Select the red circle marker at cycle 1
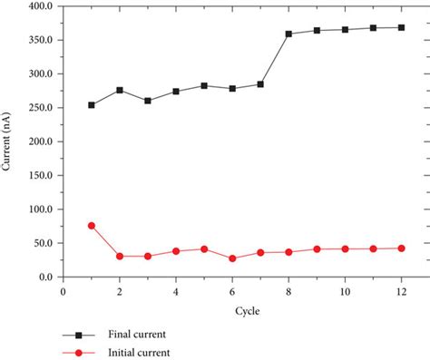point(92,225)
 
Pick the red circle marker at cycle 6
point(232,258)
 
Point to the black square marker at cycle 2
point(120,90)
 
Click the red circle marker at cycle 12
point(401,248)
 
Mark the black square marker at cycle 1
point(92,105)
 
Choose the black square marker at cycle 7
point(260,84)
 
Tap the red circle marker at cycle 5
point(204,248)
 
